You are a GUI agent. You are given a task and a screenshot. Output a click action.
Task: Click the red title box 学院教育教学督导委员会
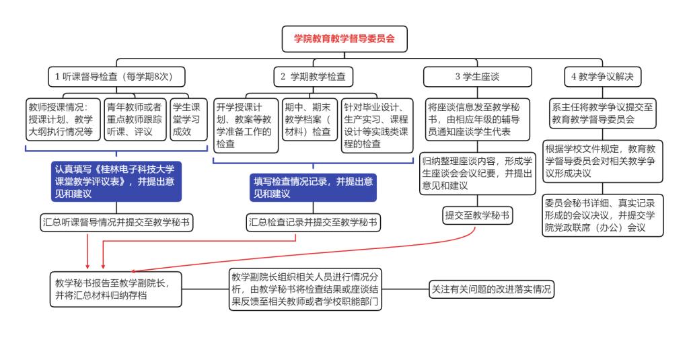(x=344, y=39)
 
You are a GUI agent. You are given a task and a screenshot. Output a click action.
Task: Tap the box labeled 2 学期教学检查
(x=313, y=77)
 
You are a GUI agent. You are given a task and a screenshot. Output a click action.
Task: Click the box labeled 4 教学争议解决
(x=602, y=77)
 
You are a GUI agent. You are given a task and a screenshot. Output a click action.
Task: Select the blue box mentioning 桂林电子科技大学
(x=117, y=180)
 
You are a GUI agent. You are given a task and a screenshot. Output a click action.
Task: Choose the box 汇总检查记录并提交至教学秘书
(x=312, y=222)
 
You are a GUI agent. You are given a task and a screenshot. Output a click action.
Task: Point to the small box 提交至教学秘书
(x=476, y=215)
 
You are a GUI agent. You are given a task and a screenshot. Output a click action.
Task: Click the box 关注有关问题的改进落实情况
(x=493, y=289)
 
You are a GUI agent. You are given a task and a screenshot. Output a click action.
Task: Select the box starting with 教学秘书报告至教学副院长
(x=116, y=289)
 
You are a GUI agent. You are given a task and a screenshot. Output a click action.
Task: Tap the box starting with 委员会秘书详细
(x=603, y=216)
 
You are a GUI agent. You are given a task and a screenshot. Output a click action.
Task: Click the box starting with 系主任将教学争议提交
(x=603, y=113)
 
